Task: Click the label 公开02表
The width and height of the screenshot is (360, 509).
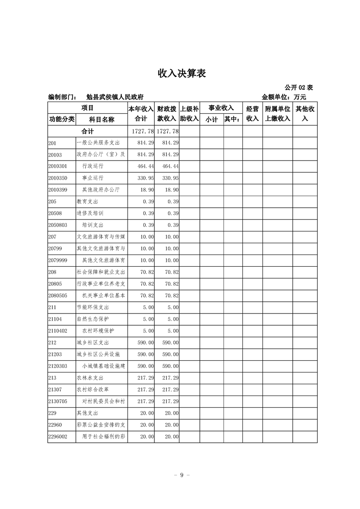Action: (x=299, y=88)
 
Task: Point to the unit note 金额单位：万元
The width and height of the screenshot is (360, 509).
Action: (x=284, y=97)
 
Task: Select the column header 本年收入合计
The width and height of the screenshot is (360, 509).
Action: (x=141, y=113)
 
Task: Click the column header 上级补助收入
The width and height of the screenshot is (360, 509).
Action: (x=190, y=113)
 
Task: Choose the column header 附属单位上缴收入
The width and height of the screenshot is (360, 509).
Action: (x=277, y=113)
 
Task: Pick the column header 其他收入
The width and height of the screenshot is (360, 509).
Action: (x=305, y=113)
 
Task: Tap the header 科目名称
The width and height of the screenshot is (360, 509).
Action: (x=101, y=119)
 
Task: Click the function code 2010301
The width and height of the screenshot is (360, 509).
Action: (x=57, y=166)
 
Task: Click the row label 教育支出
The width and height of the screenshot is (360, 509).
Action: (x=87, y=201)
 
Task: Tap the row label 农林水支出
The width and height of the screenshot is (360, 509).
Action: (x=90, y=378)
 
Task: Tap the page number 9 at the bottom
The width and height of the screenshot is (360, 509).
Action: (x=181, y=475)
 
